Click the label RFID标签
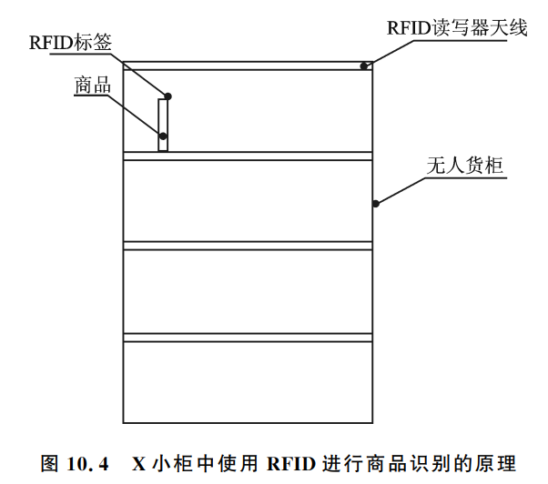tap(85, 41)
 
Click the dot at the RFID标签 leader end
tap(168, 96)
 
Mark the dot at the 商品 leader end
tap(162, 136)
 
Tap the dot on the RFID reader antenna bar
tap(363, 66)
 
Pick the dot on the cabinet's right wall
tap(375, 203)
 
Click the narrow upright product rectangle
tap(164, 125)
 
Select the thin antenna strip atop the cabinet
tap(246, 66)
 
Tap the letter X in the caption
tap(139, 464)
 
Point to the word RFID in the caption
tap(290, 464)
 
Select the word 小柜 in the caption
tap(170, 464)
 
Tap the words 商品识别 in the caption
tap(407, 464)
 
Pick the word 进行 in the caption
tap(338, 464)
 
